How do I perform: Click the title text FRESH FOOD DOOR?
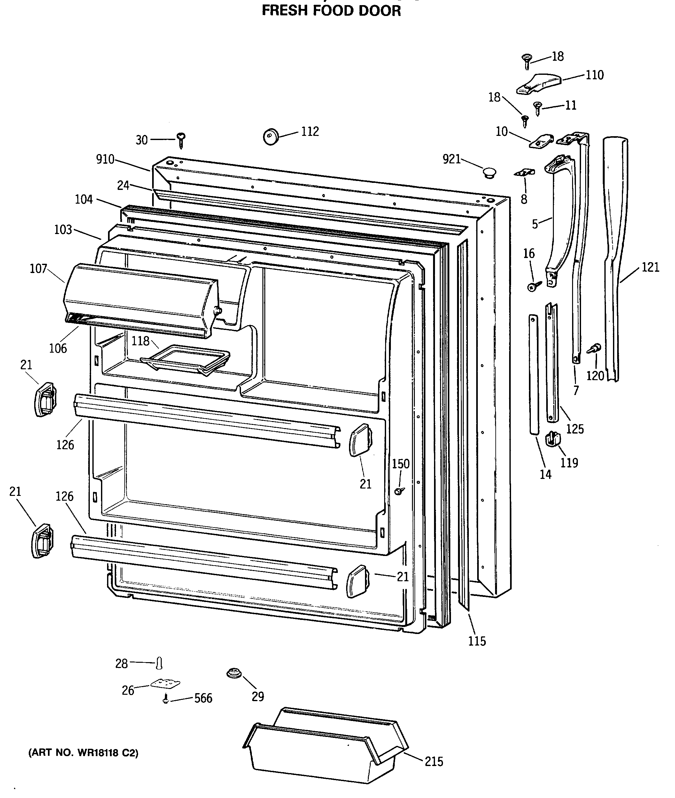pyautogui.click(x=331, y=10)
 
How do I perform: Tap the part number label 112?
pyautogui.click(x=310, y=131)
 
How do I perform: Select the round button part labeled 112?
pyautogui.click(x=271, y=137)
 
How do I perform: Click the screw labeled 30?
pyautogui.click(x=181, y=140)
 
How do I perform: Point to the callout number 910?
pyautogui.click(x=105, y=159)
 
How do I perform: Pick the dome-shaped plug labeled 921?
pyautogui.click(x=488, y=173)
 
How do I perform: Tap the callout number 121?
pyautogui.click(x=650, y=267)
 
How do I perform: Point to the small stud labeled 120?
pyautogui.click(x=594, y=349)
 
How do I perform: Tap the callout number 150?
pyautogui.click(x=401, y=464)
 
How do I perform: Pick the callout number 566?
pyautogui.click(x=203, y=699)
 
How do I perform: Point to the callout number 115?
pyautogui.click(x=477, y=641)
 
